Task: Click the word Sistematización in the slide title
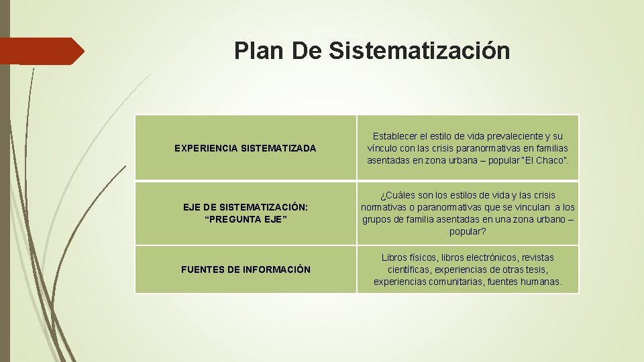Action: (x=419, y=51)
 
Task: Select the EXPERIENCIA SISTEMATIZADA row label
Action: (x=245, y=148)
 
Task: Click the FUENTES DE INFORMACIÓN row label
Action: (x=246, y=269)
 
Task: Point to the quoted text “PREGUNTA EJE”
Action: (x=246, y=220)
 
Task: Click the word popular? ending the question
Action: (x=468, y=231)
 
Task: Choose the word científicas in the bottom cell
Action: (x=409, y=269)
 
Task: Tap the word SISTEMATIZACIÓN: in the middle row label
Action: (x=262, y=208)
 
